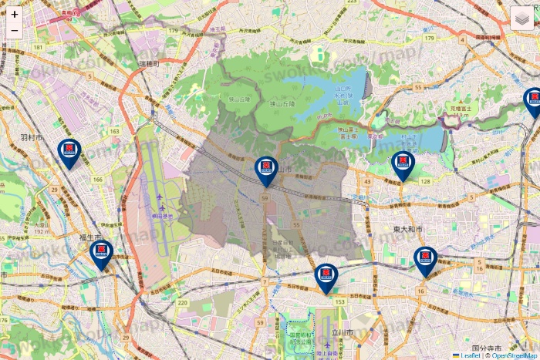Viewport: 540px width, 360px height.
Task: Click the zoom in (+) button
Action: click(x=15, y=14)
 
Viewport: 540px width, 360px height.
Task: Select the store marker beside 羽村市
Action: click(x=69, y=153)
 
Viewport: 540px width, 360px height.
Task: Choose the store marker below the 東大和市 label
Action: click(x=424, y=261)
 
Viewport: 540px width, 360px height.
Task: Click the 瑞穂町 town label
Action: click(x=147, y=64)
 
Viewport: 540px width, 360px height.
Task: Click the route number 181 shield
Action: click(x=38, y=49)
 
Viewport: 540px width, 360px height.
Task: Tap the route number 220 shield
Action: click(x=182, y=304)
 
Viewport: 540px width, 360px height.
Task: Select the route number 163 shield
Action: click(x=114, y=132)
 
